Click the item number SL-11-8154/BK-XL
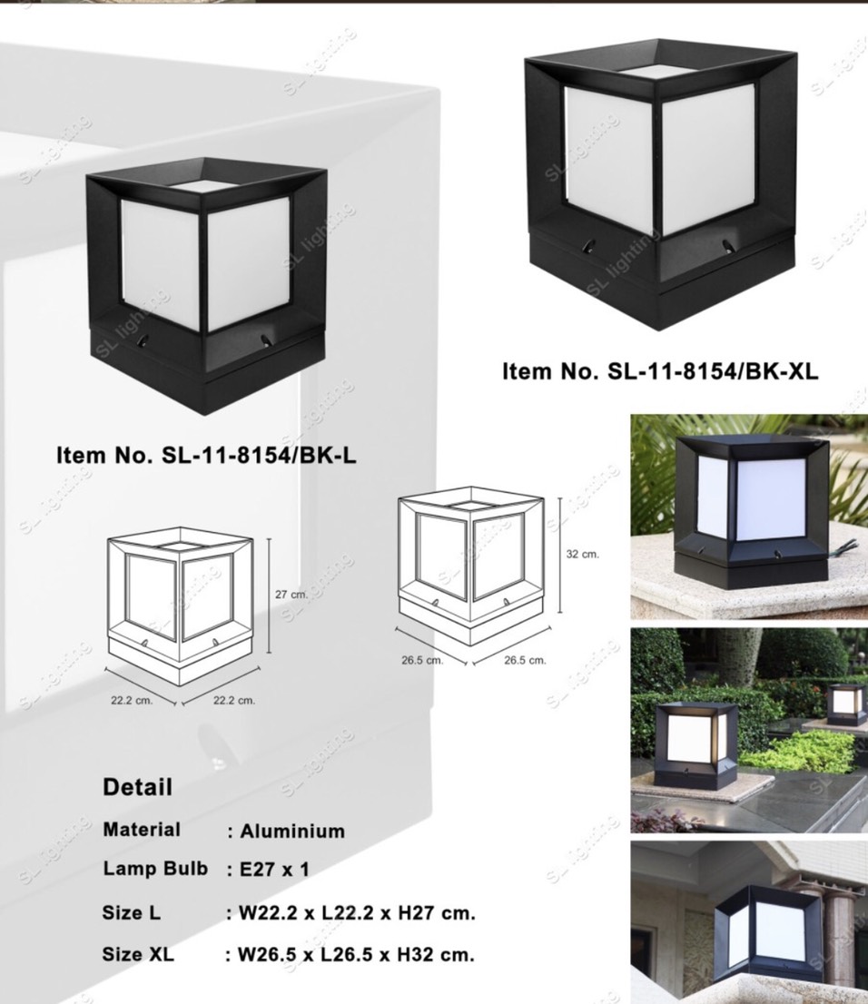(660, 371)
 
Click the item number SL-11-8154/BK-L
(206, 455)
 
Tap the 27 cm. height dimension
(291, 595)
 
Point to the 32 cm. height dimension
(582, 554)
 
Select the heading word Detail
(138, 787)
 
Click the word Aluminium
(292, 832)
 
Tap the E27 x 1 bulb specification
(274, 869)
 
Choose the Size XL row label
(138, 954)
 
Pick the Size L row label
(132, 912)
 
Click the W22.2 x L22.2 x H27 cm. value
(357, 912)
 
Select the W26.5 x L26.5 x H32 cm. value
(356, 954)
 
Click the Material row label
(142, 830)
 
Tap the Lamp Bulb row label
(155, 868)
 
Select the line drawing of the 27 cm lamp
(181, 605)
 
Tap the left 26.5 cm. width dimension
(422, 660)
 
